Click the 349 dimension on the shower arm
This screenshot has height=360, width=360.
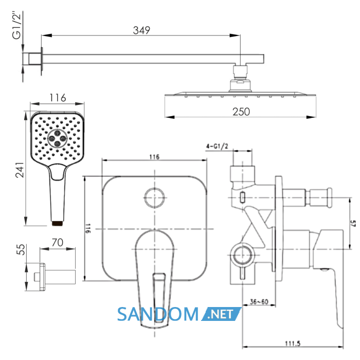pos(141,30)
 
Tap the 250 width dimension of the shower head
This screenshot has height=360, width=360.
pos(241,112)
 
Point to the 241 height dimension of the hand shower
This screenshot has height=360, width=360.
pos(20,170)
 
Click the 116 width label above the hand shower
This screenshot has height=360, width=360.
pos(58,98)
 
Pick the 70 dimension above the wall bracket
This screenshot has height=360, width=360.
pos(58,242)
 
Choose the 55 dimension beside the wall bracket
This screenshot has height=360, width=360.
pos(21,249)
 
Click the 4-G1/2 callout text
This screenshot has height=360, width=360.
pos(217,146)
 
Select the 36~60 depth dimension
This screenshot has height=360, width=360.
pos(259,302)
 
